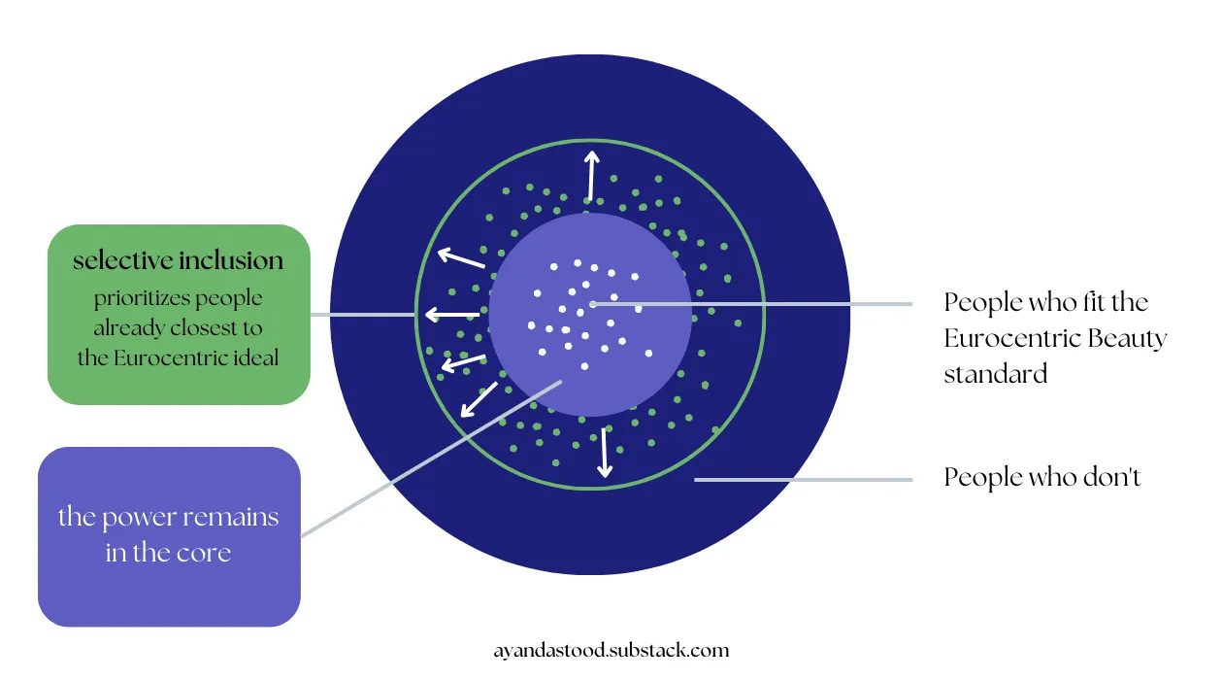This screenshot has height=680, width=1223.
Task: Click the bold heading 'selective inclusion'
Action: pos(179,260)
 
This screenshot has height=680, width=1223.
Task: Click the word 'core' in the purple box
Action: pos(210,553)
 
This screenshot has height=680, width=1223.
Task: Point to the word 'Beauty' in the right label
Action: pos(1127,338)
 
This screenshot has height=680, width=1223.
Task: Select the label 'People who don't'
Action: pos(1041,478)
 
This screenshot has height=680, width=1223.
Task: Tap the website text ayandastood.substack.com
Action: pos(611,650)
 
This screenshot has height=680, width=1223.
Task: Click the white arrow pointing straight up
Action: pos(591,175)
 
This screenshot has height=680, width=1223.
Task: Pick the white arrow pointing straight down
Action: pos(604,452)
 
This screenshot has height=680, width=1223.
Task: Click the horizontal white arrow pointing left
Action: pos(452,314)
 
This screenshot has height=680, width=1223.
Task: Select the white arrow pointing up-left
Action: pos(460,258)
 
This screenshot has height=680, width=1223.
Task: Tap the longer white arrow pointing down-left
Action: pos(479,399)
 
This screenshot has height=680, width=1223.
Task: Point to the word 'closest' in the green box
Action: pos(229,327)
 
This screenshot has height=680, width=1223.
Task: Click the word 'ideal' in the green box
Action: pos(254,357)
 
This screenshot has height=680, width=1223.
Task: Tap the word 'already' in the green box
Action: pos(130,327)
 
